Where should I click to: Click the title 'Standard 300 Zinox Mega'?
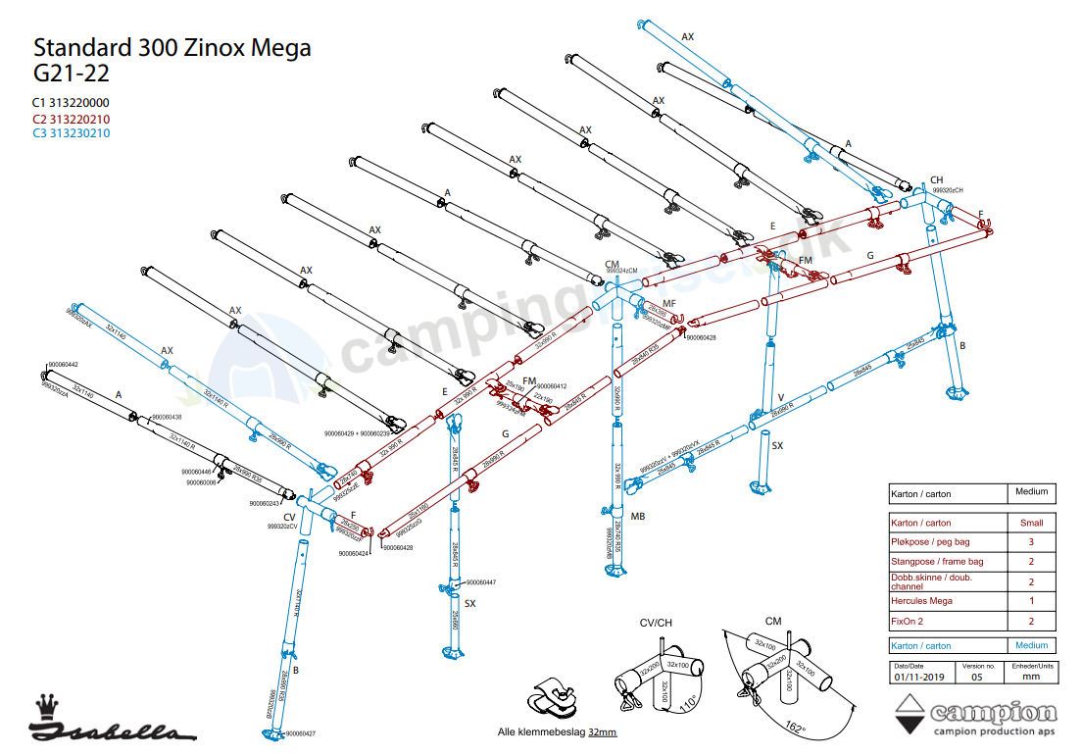tap(172, 48)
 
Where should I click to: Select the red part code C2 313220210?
tap(71, 119)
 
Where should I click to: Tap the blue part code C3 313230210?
tap(71, 133)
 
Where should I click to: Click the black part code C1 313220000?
tap(71, 103)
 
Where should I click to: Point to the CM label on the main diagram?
tap(613, 265)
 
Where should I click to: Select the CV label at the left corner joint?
tap(289, 517)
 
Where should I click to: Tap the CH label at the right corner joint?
tap(936, 179)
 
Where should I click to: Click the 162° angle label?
tap(796, 729)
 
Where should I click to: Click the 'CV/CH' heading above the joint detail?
tap(656, 623)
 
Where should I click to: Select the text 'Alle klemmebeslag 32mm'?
tap(558, 731)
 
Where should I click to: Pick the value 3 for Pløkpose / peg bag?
tap(1030, 542)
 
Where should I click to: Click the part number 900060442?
tap(62, 365)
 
